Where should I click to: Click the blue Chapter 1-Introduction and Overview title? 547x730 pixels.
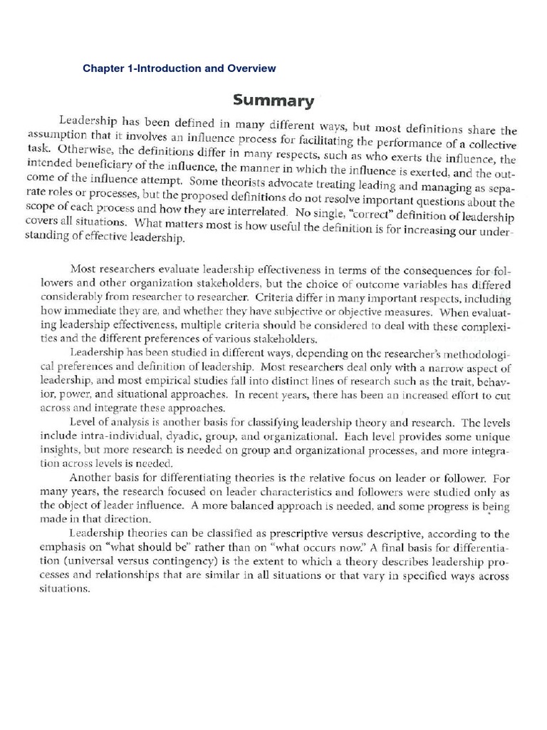tap(179, 68)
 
